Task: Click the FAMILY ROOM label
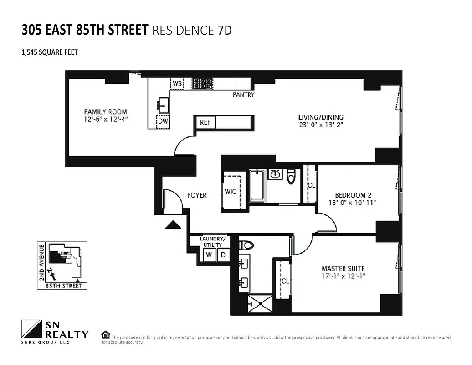[105, 111]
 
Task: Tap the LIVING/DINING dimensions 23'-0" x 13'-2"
[320, 126]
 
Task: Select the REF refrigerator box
[205, 122]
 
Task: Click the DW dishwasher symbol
[163, 122]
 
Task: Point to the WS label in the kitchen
[177, 84]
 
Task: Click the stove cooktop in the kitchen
[199, 83]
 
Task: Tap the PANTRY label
[243, 95]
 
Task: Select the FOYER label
[197, 195]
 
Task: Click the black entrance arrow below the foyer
[172, 224]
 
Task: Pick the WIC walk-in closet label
[231, 191]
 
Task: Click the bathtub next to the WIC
[257, 185]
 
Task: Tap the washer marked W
[209, 255]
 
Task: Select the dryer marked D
[223, 255]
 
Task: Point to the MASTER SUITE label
[343, 268]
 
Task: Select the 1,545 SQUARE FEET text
[50, 52]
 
